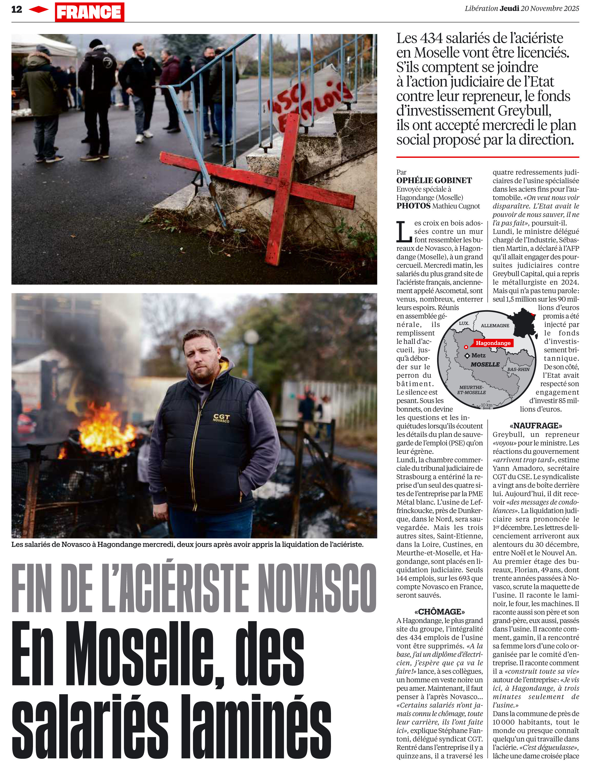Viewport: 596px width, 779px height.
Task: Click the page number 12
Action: pos(17,10)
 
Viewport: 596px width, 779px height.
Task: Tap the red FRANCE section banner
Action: pos(89,12)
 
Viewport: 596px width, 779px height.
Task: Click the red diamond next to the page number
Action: pos(38,10)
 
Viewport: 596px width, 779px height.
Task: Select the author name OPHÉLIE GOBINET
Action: pos(434,181)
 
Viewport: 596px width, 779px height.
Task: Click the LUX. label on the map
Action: pos(464,324)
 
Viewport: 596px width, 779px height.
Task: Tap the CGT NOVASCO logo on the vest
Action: pos(221,418)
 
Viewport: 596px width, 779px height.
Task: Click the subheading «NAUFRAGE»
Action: pos(536,425)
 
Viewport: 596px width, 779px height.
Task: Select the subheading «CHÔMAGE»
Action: pos(440,612)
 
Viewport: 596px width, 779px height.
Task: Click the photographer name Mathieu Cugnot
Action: pos(456,206)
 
